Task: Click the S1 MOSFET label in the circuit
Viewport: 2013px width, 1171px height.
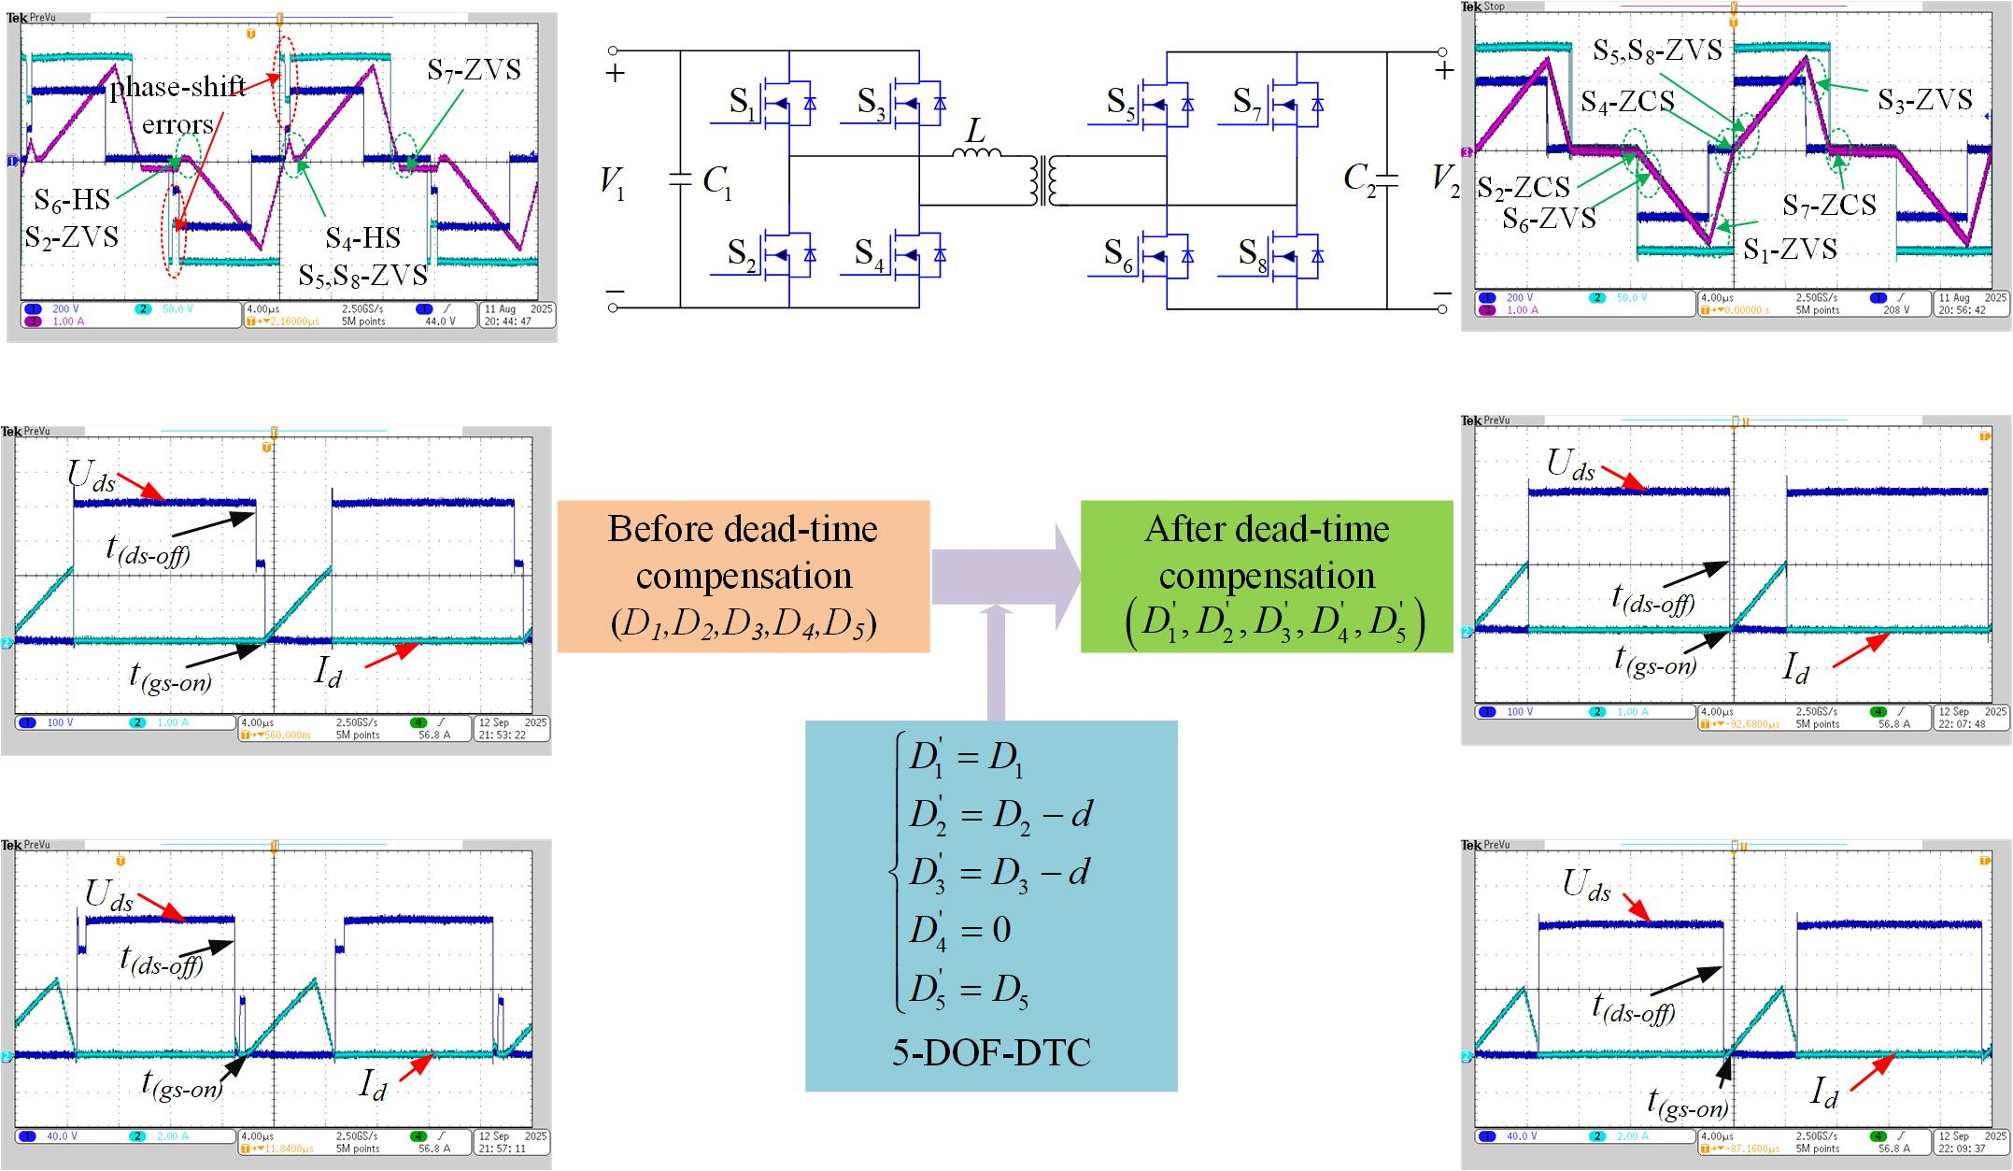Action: click(x=743, y=103)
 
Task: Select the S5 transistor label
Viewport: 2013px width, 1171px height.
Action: click(x=1121, y=103)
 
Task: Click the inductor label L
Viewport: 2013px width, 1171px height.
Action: click(x=975, y=132)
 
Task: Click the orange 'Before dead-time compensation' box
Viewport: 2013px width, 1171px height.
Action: click(x=744, y=576)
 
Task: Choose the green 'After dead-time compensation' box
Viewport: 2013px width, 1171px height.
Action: click(x=1267, y=576)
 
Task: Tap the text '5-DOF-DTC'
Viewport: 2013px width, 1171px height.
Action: click(x=991, y=1053)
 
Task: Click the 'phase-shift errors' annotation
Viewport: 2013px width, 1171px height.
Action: click(x=178, y=105)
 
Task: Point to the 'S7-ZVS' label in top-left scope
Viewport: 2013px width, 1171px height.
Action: click(x=474, y=70)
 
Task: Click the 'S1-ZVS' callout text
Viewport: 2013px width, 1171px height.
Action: click(x=1791, y=249)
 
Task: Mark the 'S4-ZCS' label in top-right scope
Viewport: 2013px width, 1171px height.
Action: click(x=1627, y=101)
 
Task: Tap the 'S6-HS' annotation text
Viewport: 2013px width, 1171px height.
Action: click(x=72, y=199)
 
